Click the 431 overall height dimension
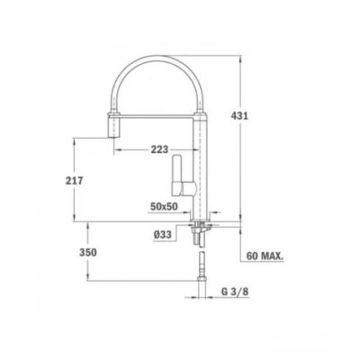(239, 115)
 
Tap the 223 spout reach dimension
(159, 149)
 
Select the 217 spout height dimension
(74, 181)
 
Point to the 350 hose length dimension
(88, 252)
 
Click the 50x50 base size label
(164, 206)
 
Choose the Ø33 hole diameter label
(163, 234)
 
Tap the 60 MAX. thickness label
(265, 256)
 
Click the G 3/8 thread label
(235, 292)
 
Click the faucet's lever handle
(176, 175)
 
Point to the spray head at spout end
(113, 125)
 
